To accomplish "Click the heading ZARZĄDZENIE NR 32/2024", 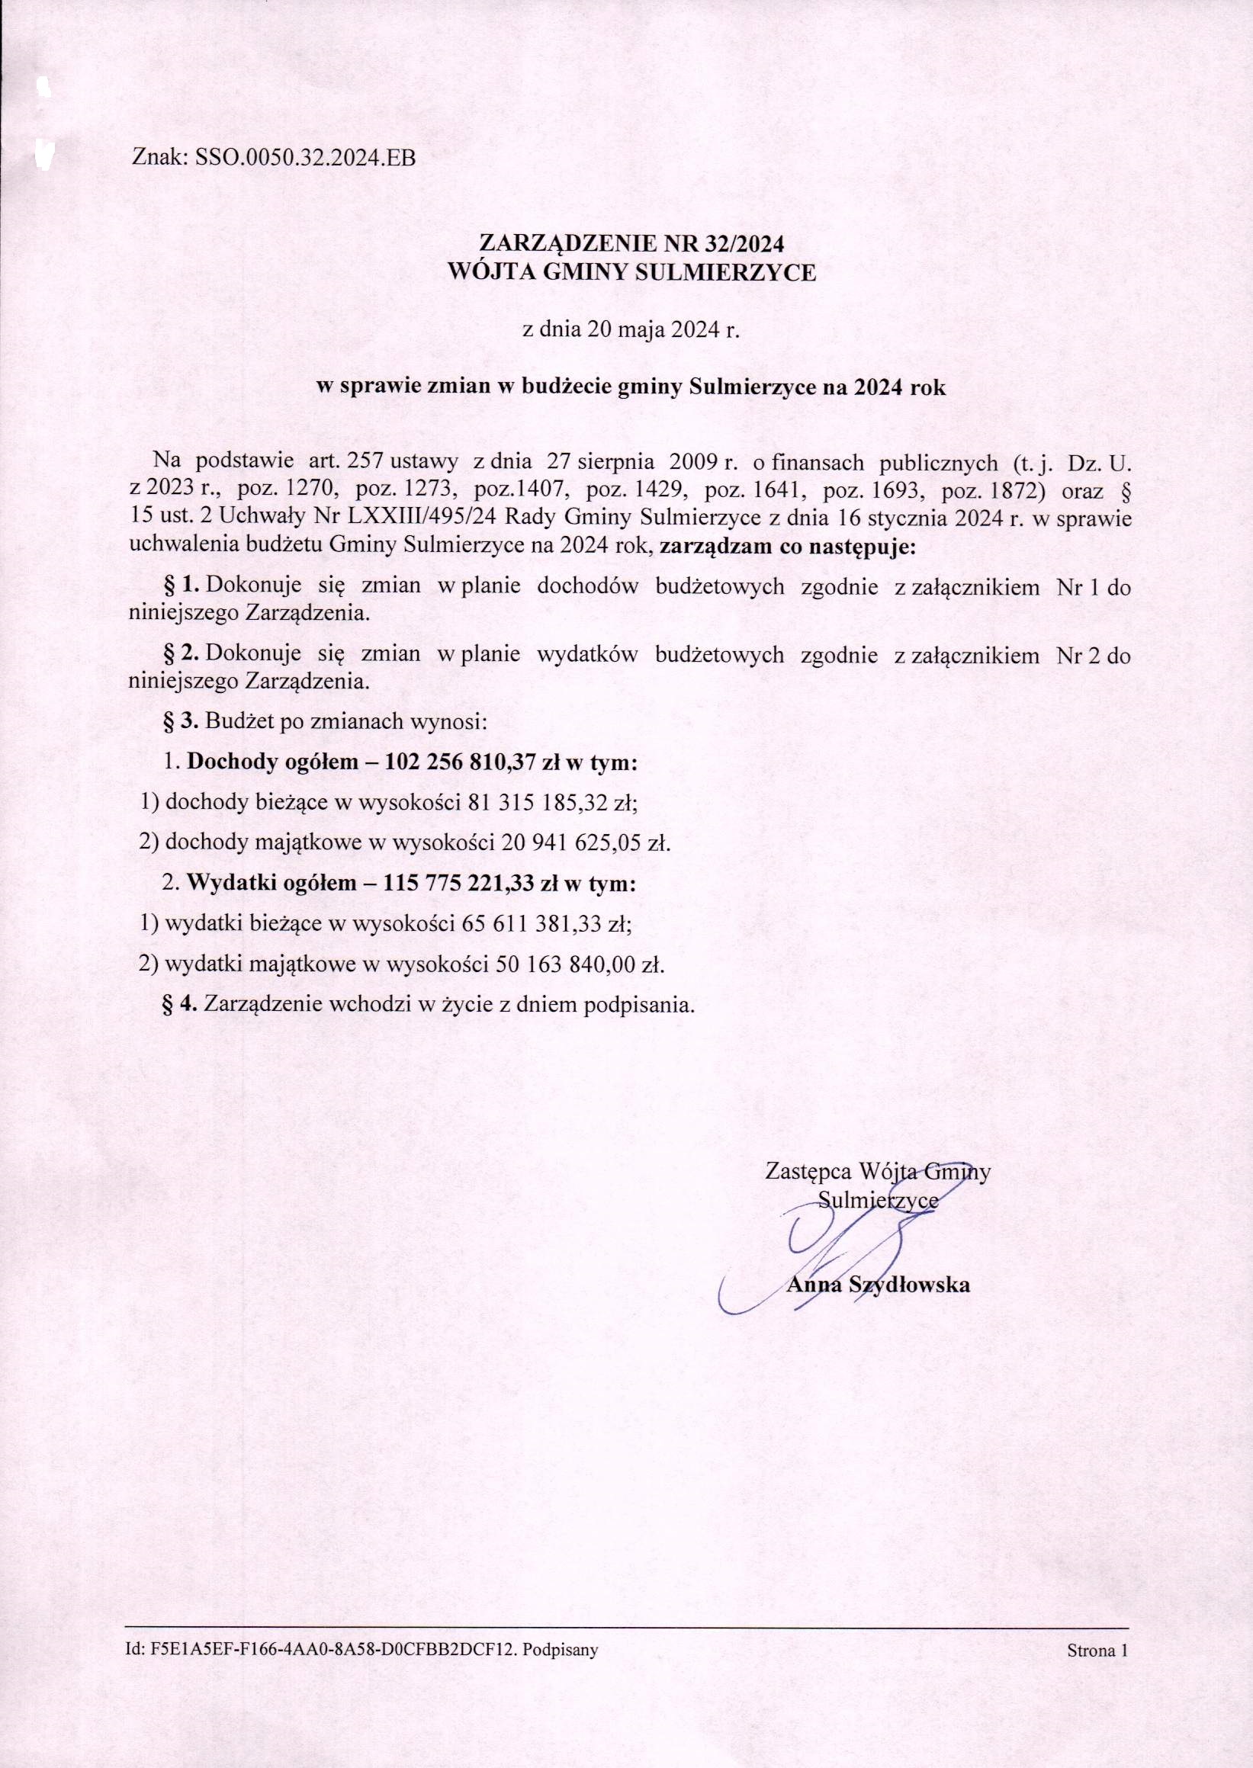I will coord(631,244).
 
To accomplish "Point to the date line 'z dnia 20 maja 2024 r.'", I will coord(631,330).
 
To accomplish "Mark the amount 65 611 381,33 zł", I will coord(547,923).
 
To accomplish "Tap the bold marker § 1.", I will coord(182,586).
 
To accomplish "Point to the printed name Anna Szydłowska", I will coord(878,1285).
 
